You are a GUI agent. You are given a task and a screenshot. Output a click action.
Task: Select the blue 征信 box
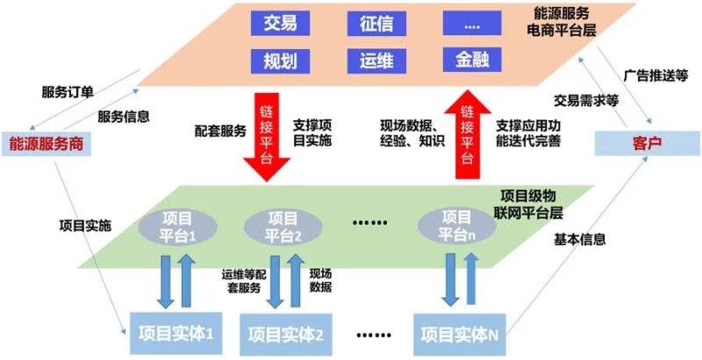click(x=373, y=24)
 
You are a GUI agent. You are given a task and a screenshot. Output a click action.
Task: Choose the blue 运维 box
click(x=373, y=60)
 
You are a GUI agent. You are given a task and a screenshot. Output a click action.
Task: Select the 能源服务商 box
click(x=47, y=143)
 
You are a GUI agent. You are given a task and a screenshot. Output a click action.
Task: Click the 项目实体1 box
click(x=175, y=333)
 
